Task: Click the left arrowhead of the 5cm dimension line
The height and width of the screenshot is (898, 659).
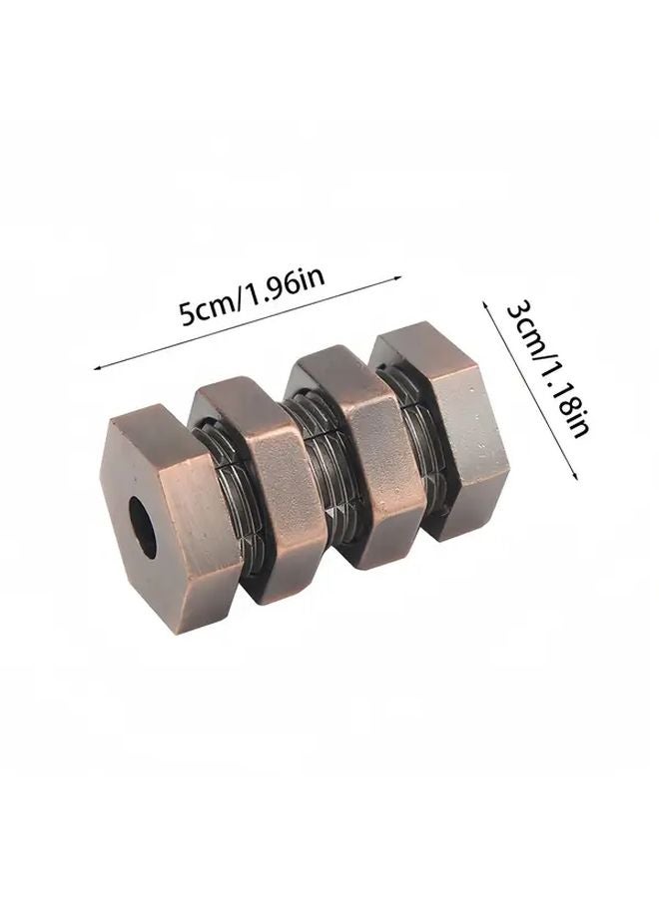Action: [x=97, y=368]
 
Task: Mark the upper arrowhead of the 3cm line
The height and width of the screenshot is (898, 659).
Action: [x=486, y=302]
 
